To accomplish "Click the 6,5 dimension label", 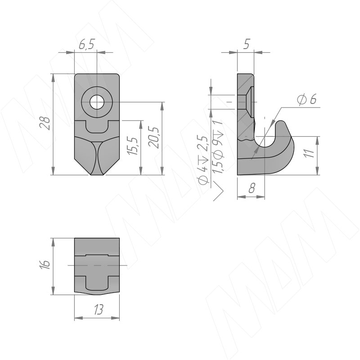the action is (x=86, y=44).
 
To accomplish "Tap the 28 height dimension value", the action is (x=45, y=123).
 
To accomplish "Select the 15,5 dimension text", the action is (x=133, y=146).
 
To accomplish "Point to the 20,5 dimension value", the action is (x=153, y=138).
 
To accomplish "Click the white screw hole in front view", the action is (x=97, y=102).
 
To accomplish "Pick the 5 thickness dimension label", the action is (x=246, y=44).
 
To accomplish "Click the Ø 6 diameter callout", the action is (x=307, y=99).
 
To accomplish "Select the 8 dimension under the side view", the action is (x=252, y=188).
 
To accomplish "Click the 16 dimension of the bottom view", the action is (x=45, y=265).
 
